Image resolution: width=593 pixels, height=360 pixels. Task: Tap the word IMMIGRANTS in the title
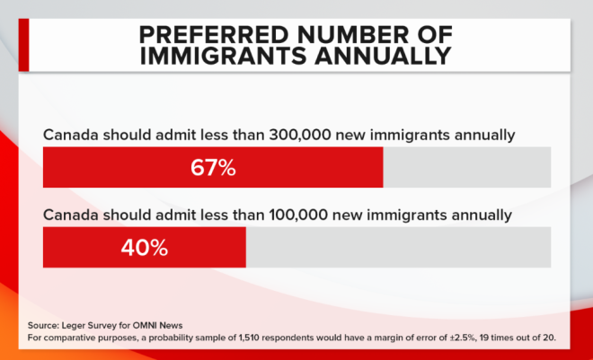(237, 57)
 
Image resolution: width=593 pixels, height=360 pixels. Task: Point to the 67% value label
(213, 168)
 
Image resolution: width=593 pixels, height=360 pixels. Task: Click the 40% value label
(145, 248)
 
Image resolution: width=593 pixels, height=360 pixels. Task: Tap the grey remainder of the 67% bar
(466, 168)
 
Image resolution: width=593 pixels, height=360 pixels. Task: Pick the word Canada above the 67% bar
(71, 136)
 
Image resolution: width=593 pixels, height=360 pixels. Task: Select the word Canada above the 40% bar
(71, 215)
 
